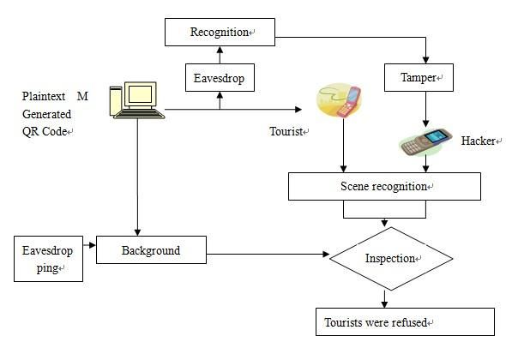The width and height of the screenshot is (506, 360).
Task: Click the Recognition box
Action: pos(220,32)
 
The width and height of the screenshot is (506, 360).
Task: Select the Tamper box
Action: pos(419,77)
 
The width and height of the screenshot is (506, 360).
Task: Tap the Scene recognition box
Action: pos(384,187)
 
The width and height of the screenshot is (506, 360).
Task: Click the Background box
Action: pos(151,250)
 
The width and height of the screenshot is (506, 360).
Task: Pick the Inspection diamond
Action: pos(391,259)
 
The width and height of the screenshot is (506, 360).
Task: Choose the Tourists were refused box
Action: pos(405,322)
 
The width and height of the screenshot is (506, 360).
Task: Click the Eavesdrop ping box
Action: pos(48,259)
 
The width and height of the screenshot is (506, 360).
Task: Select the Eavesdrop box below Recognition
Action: pos(220,77)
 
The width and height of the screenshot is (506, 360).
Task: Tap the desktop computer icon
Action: pos(137,100)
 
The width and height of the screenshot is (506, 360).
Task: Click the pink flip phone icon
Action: pos(339,100)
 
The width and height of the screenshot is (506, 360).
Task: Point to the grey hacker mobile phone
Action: pos(425,142)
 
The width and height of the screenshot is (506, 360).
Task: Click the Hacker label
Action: pos(479,141)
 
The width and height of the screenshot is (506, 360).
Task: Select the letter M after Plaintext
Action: pos(82,96)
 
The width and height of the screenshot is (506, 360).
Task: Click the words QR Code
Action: pos(45,131)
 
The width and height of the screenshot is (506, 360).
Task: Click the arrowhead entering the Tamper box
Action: pos(425,60)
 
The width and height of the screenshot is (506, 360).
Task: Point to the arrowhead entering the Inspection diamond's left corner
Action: pos(326,255)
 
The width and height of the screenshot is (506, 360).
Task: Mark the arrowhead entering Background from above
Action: pos(137,232)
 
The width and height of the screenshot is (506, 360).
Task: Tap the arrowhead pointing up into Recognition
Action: pos(220,50)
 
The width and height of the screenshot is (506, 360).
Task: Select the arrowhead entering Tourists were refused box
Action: pos(384,304)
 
